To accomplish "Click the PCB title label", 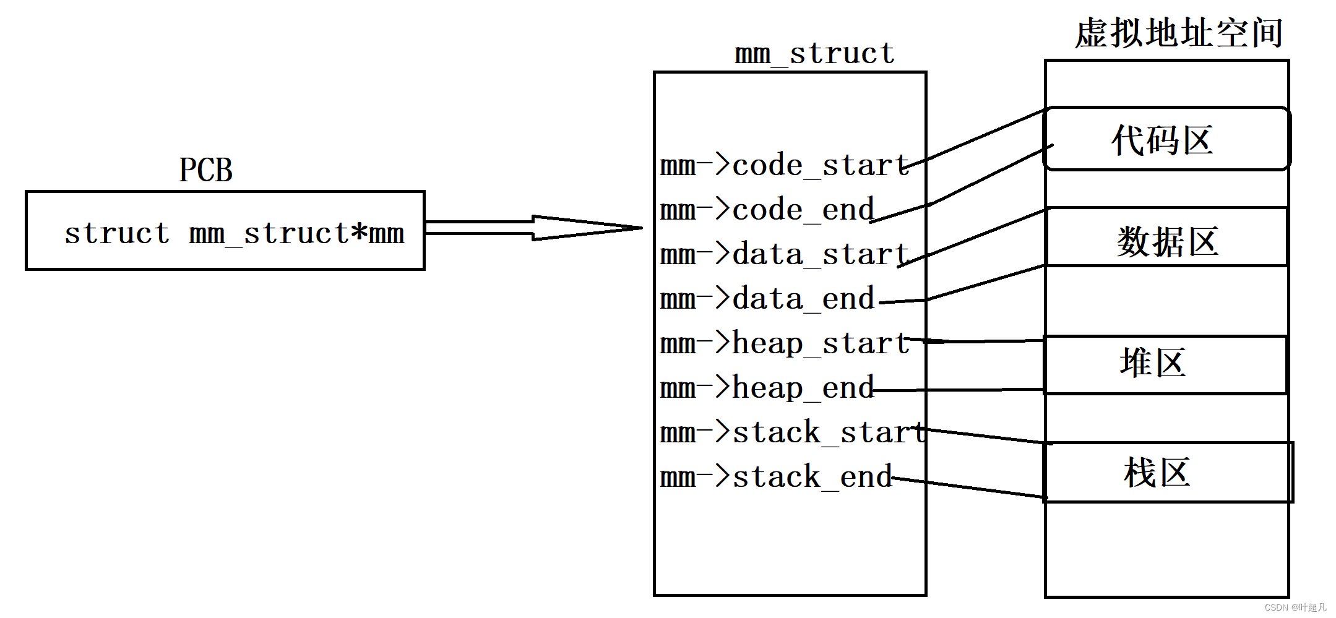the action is click(205, 170).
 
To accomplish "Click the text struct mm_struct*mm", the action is click(235, 233).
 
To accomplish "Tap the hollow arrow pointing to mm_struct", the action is click(533, 228).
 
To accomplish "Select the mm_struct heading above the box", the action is click(814, 53).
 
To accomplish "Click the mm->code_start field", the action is click(785, 165).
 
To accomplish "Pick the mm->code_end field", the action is click(767, 210).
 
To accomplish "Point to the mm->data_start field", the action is click(785, 254).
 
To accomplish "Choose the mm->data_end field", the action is click(767, 299).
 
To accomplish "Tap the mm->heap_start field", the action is click(785, 343).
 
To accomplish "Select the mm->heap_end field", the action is click(767, 388).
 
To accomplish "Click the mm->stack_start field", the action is click(793, 432).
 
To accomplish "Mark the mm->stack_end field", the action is click(776, 477).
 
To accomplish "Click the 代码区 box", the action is click(1166, 139).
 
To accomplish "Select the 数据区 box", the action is click(1166, 237).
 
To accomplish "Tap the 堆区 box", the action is click(1166, 364).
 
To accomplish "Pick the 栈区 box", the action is click(1168, 472).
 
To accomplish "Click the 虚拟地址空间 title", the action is click(1179, 33).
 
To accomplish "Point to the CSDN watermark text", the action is click(1295, 607).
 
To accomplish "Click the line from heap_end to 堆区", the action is click(959, 390).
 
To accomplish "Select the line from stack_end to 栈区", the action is click(969, 487).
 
